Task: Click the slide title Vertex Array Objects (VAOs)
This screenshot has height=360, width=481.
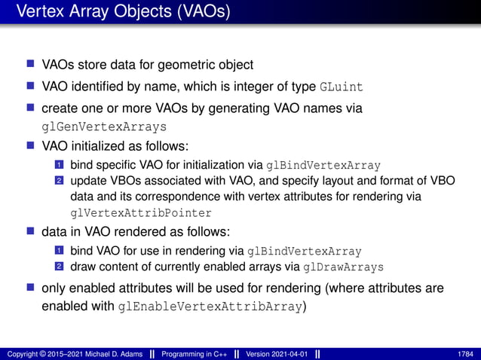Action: (124, 13)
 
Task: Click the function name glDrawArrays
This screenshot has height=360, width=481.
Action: (344, 267)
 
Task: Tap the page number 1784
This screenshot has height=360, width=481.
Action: (464, 353)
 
